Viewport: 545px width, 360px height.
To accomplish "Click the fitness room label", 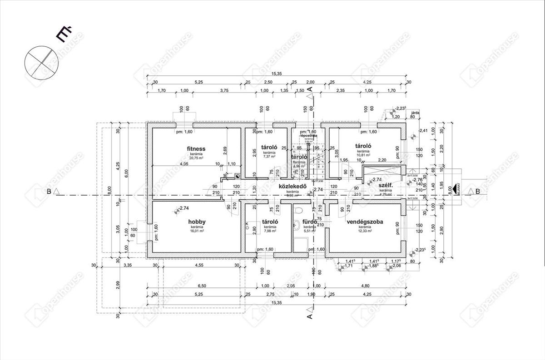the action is [x=196, y=148].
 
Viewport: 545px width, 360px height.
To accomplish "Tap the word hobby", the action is [x=197, y=222].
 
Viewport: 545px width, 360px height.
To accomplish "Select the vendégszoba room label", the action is [x=365, y=222].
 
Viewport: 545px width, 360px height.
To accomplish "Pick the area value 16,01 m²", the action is [x=197, y=231].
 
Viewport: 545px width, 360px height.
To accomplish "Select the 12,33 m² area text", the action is [x=364, y=231].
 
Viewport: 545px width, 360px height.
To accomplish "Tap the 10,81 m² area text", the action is [x=363, y=155].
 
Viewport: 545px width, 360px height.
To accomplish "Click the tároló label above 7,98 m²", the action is [x=269, y=222].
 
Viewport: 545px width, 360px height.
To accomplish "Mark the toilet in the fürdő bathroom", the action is [x=298, y=210].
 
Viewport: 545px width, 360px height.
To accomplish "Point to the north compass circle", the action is [x=38, y=62].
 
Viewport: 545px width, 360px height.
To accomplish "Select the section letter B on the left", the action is [x=49, y=192].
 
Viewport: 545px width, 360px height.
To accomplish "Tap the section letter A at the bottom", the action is [x=309, y=316].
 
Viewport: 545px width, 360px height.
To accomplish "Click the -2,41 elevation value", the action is [x=423, y=130].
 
